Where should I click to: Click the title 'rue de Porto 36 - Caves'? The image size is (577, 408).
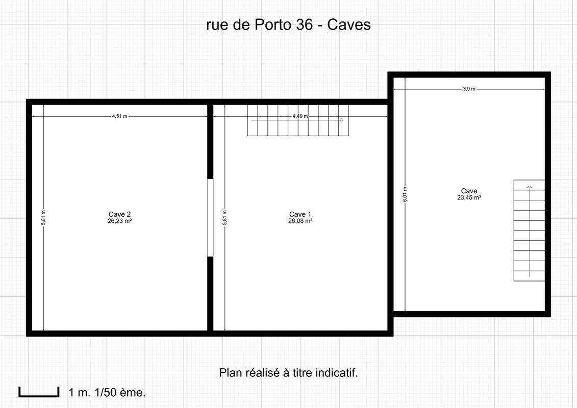[289, 24]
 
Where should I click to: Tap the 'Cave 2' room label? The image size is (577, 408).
[119, 214]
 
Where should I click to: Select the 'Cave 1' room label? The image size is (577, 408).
[300, 214]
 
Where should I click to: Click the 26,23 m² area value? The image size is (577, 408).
[119, 221]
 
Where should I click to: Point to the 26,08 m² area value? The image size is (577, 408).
[300, 221]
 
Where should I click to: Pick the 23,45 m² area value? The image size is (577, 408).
[469, 197]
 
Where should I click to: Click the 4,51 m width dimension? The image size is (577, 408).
[119, 116]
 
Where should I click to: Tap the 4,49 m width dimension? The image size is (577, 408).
[300, 116]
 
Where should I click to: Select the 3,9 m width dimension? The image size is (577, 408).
[469, 89]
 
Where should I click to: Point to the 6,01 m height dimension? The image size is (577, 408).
[405, 194]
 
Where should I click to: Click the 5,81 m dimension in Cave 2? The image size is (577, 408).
[43, 217]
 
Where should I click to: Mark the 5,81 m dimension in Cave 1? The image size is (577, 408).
[225, 217]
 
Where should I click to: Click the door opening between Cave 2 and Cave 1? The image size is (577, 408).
[211, 217]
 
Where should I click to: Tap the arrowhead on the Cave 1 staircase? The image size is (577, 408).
[341, 120]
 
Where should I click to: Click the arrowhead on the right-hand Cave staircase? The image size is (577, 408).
[529, 187]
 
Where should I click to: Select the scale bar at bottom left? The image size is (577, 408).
[39, 392]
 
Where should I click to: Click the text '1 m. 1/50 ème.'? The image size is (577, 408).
[107, 393]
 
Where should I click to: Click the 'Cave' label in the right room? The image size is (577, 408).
[469, 191]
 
